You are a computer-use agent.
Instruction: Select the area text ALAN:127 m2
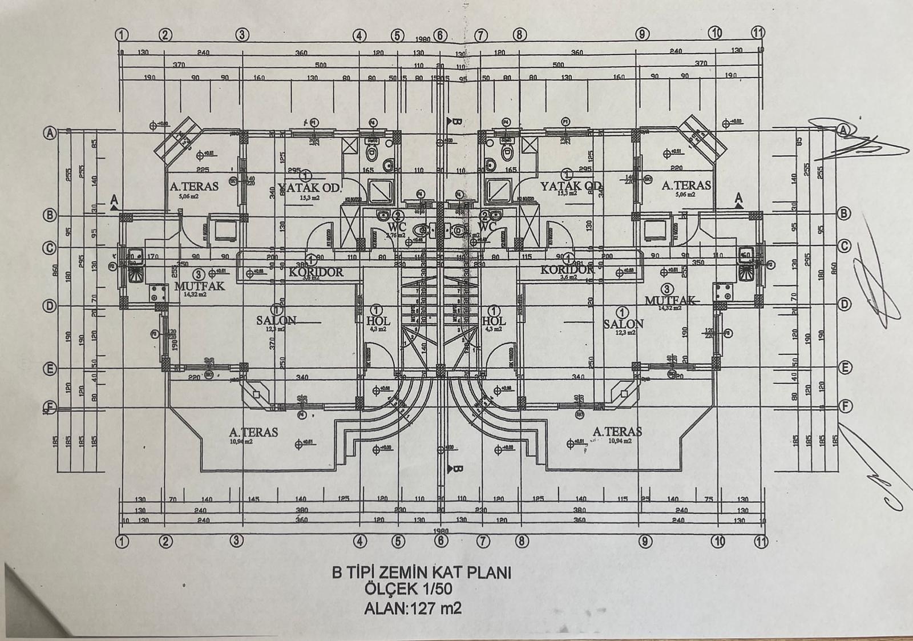point(413,608)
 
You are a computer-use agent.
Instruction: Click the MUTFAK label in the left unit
point(200,285)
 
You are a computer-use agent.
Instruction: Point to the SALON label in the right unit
point(624,324)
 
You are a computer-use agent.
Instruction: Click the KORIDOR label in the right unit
point(567,269)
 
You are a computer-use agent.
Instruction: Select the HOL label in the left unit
point(377,321)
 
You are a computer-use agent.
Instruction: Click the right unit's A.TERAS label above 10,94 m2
point(617,432)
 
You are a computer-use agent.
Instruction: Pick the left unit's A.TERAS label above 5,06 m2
point(194,186)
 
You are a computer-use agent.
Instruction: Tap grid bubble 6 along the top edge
point(440,34)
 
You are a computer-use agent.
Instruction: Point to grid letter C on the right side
point(845,247)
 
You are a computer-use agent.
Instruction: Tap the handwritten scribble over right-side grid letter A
point(856,140)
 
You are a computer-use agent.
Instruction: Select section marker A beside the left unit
point(114,200)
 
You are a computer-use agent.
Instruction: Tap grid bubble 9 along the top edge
point(643,34)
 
